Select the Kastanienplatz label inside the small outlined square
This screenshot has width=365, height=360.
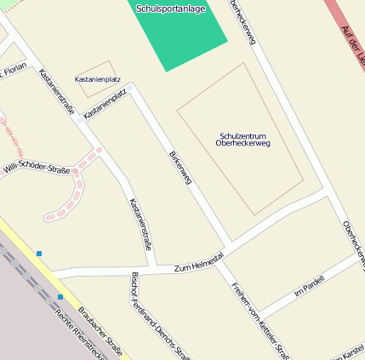(x=98, y=79)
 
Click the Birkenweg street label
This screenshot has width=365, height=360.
(x=181, y=166)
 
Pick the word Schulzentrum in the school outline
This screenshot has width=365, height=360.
(x=243, y=136)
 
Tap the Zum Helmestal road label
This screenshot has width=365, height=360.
(x=198, y=262)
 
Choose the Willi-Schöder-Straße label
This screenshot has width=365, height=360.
(x=36, y=169)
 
